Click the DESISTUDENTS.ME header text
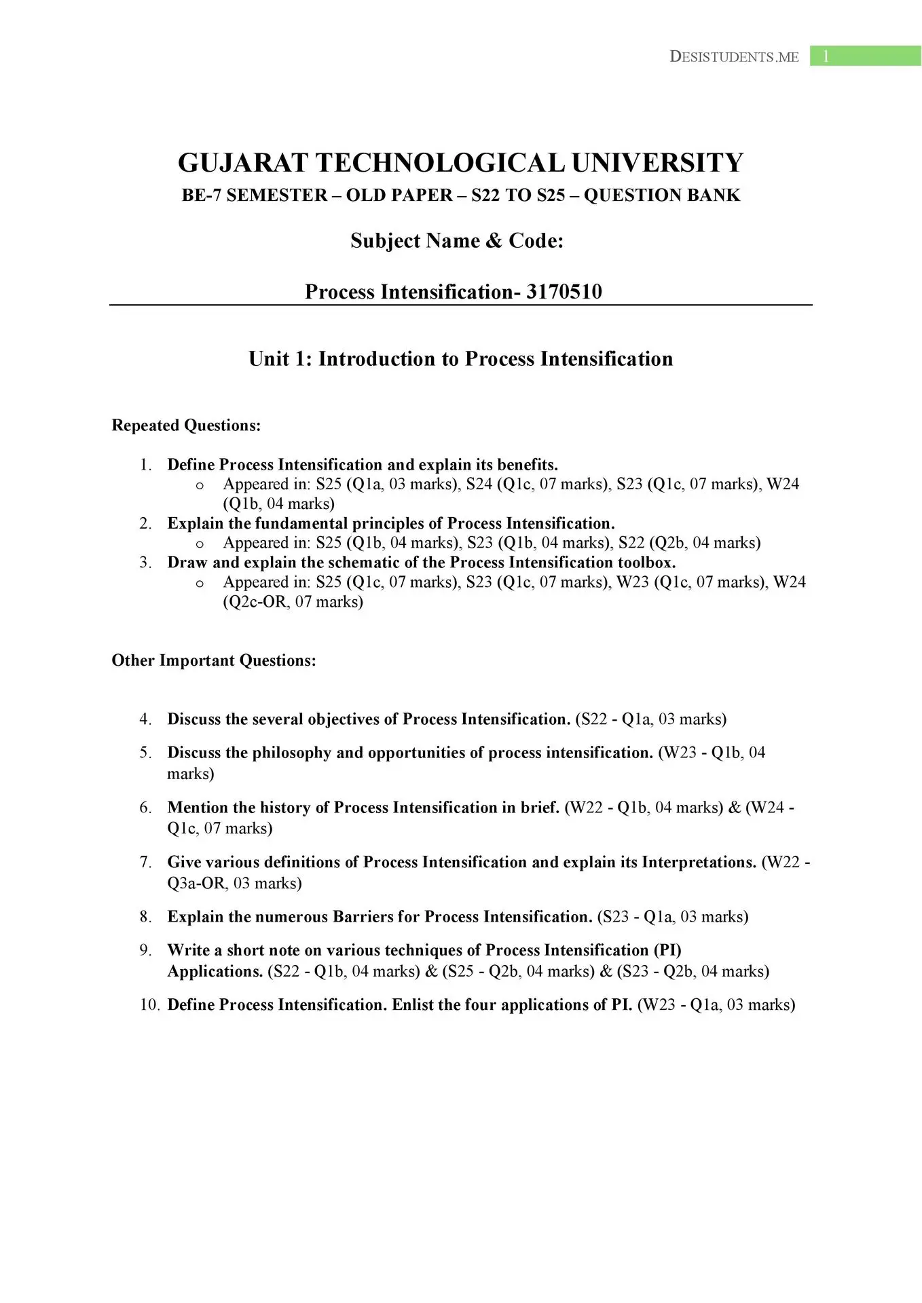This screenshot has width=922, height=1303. click(x=734, y=57)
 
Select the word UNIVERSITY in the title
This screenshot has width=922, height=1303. click(x=657, y=163)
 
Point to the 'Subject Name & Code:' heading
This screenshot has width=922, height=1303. click(x=457, y=241)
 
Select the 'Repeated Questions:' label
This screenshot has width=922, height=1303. click(x=186, y=426)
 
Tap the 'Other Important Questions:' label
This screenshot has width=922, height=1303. click(x=214, y=661)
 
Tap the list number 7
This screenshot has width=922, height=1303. click(x=146, y=863)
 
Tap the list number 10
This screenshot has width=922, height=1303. click(x=149, y=1005)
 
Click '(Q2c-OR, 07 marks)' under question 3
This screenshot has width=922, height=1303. click(x=293, y=602)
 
